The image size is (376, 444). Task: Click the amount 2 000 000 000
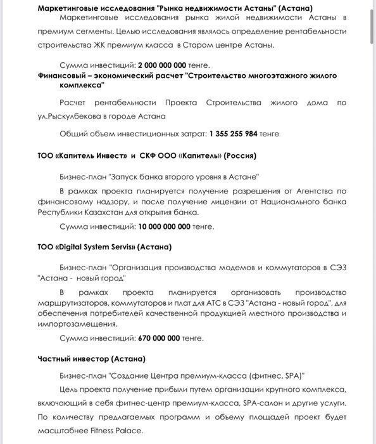point(162,65)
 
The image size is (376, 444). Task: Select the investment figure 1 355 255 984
point(235,134)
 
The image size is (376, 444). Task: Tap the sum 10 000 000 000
point(164,226)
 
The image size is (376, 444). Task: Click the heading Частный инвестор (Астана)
point(91,359)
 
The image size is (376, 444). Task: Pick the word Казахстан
point(104,212)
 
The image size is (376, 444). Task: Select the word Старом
point(213,44)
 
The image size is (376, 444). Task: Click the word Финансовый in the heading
point(66,75)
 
